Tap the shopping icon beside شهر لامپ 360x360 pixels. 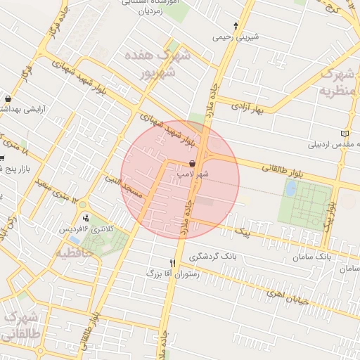coord(192,163)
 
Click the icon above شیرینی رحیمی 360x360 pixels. coord(236,25)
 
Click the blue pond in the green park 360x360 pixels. coord(290,188)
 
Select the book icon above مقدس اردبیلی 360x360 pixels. coord(344,134)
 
